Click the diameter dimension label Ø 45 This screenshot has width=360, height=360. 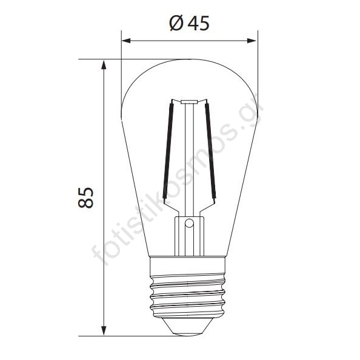190,23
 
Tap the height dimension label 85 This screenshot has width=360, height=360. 86,198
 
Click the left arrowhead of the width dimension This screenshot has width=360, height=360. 126,41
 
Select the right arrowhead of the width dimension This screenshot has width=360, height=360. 252,41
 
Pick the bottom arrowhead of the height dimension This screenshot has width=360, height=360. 104,331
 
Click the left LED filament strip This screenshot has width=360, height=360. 168,151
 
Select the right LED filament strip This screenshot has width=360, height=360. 210,151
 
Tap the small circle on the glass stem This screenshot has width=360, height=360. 189,223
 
